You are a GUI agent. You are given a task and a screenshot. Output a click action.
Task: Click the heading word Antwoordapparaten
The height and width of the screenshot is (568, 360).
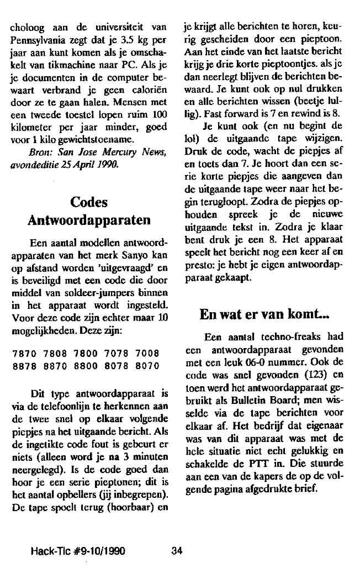click(90, 220)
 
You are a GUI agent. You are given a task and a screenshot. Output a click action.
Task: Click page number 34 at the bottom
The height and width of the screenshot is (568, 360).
click(177, 550)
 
